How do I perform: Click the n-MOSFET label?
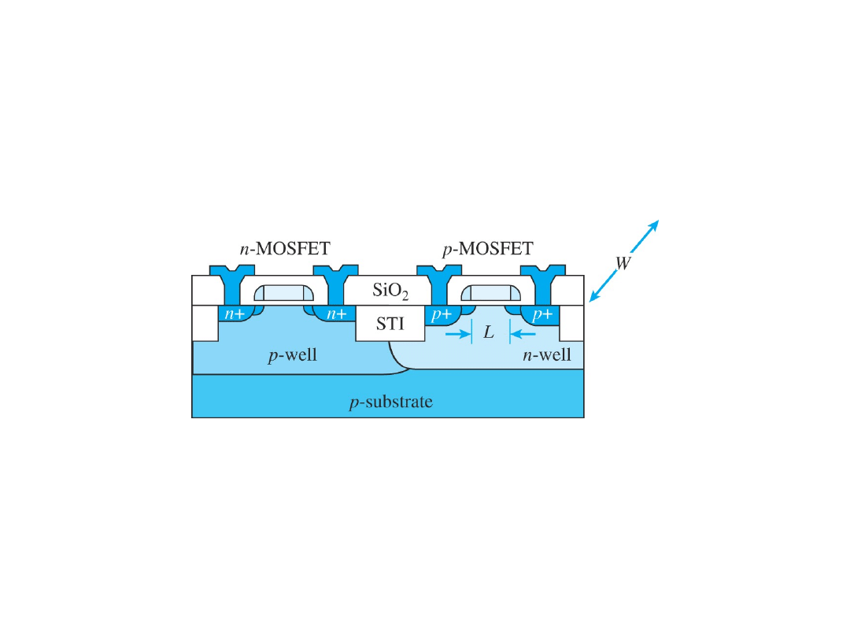coord(285,249)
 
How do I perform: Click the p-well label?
coord(292,355)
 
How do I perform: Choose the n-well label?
coord(547,355)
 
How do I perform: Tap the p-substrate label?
coord(390,402)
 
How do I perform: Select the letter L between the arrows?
coord(489,333)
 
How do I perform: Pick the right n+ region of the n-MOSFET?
coord(337,315)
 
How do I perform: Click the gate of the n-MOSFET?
coord(285,293)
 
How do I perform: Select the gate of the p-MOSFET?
coord(490,293)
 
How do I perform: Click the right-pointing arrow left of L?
coord(456,334)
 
